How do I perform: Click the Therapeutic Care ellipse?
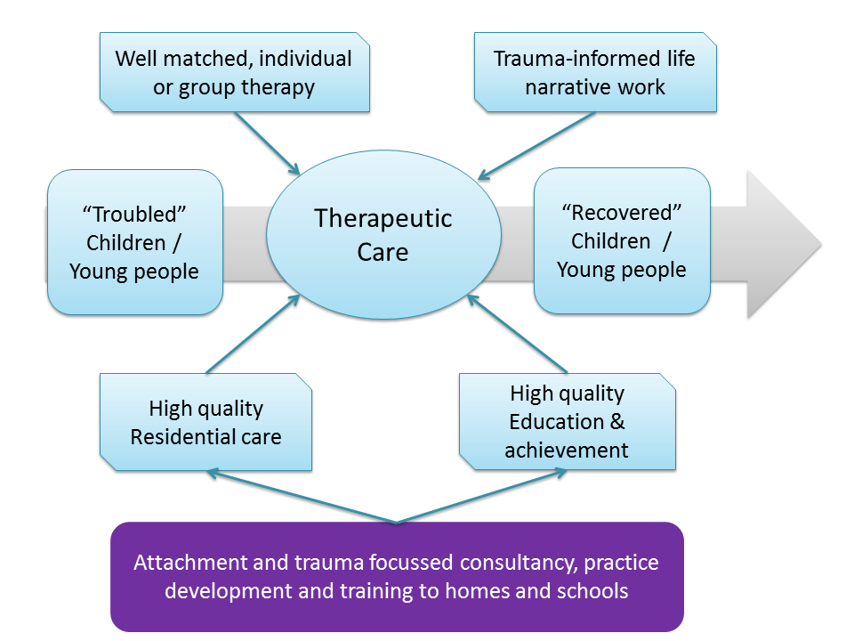tap(383, 235)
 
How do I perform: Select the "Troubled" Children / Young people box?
tap(135, 242)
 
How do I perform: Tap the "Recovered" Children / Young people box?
tap(622, 241)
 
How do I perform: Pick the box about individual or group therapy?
tap(235, 72)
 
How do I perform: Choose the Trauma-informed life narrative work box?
tap(595, 72)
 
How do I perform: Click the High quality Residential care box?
tap(205, 422)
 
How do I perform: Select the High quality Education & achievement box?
tap(567, 421)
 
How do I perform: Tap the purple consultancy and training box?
tap(397, 577)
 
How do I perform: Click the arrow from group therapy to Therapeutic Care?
tap(268, 143)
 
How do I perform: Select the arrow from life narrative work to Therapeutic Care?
tap(536, 145)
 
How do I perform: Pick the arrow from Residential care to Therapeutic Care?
tap(254, 334)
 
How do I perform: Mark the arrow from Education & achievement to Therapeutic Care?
tap(518, 334)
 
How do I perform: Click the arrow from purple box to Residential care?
tap(302, 497)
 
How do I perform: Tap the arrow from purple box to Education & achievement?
tap(482, 496)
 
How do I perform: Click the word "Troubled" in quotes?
tap(134, 215)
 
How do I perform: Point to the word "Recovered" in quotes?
tap(622, 213)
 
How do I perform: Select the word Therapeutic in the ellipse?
tap(383, 219)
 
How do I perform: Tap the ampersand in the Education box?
tap(617, 422)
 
